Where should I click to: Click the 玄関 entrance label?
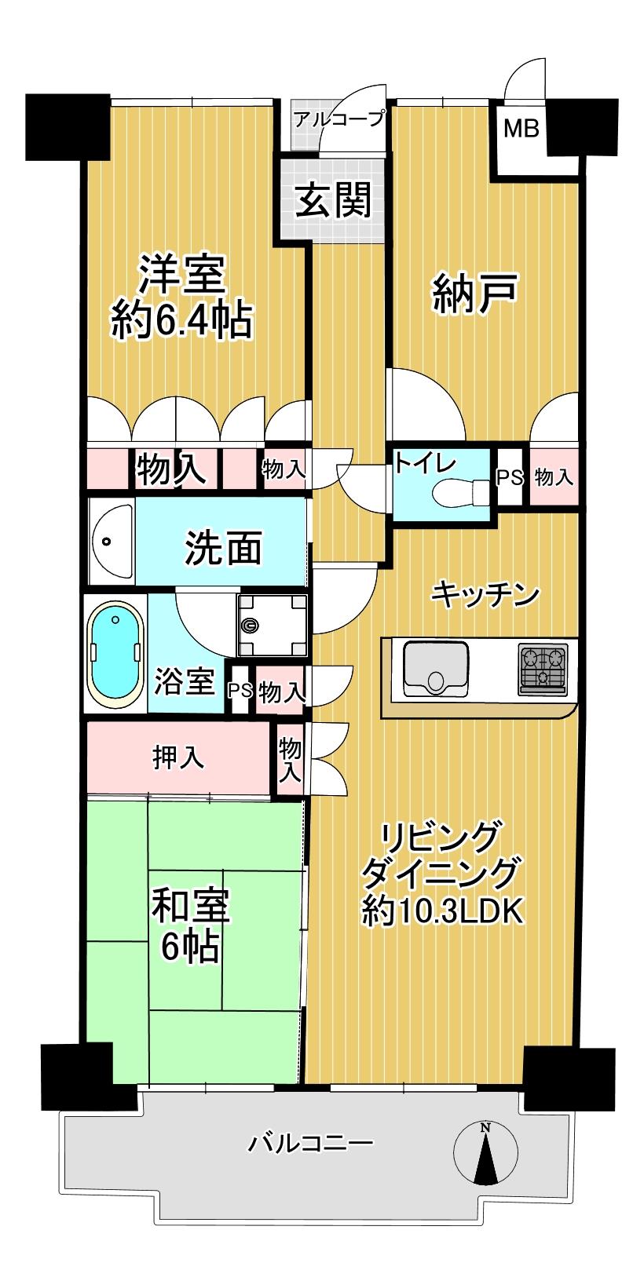point(333,199)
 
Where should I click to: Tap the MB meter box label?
point(521,129)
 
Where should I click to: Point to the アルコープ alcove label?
point(338,119)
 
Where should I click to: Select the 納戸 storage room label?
point(475,294)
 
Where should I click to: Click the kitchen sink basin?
point(436,669)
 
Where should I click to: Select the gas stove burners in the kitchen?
point(543,669)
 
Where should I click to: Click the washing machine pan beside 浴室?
point(272,625)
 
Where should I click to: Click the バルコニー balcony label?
point(310,1143)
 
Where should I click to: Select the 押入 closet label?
point(178,757)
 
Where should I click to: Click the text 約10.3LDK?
point(442,912)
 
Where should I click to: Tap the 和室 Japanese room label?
point(191,905)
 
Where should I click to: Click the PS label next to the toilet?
point(509,477)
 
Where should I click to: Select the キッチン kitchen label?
point(485,595)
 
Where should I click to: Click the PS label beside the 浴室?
point(240,691)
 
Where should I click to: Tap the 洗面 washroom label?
point(223,547)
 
